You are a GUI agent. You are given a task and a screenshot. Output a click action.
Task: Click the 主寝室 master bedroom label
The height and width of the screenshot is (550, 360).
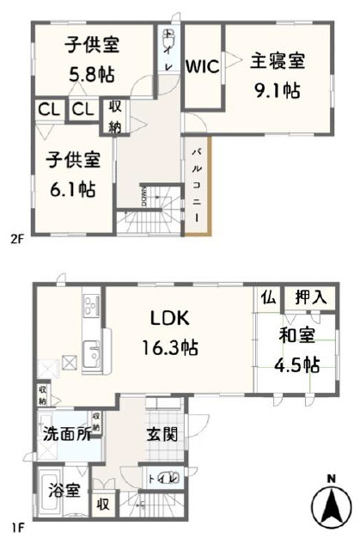[x=278, y=62]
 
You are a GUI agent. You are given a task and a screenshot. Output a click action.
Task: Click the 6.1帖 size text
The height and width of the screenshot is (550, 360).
[x=72, y=188]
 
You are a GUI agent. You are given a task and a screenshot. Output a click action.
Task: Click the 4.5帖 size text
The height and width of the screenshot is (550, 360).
[x=296, y=364]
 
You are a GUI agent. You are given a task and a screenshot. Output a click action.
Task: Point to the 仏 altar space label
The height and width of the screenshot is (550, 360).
[x=267, y=297]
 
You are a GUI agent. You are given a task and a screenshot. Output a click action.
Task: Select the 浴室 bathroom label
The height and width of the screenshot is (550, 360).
[x=65, y=491]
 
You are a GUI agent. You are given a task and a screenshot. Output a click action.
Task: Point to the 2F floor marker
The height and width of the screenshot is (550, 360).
[x=15, y=239]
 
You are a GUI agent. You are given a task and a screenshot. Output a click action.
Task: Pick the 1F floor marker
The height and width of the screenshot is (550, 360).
[x=15, y=520]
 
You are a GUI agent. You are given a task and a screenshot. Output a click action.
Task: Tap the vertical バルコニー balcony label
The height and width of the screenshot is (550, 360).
[x=197, y=183]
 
